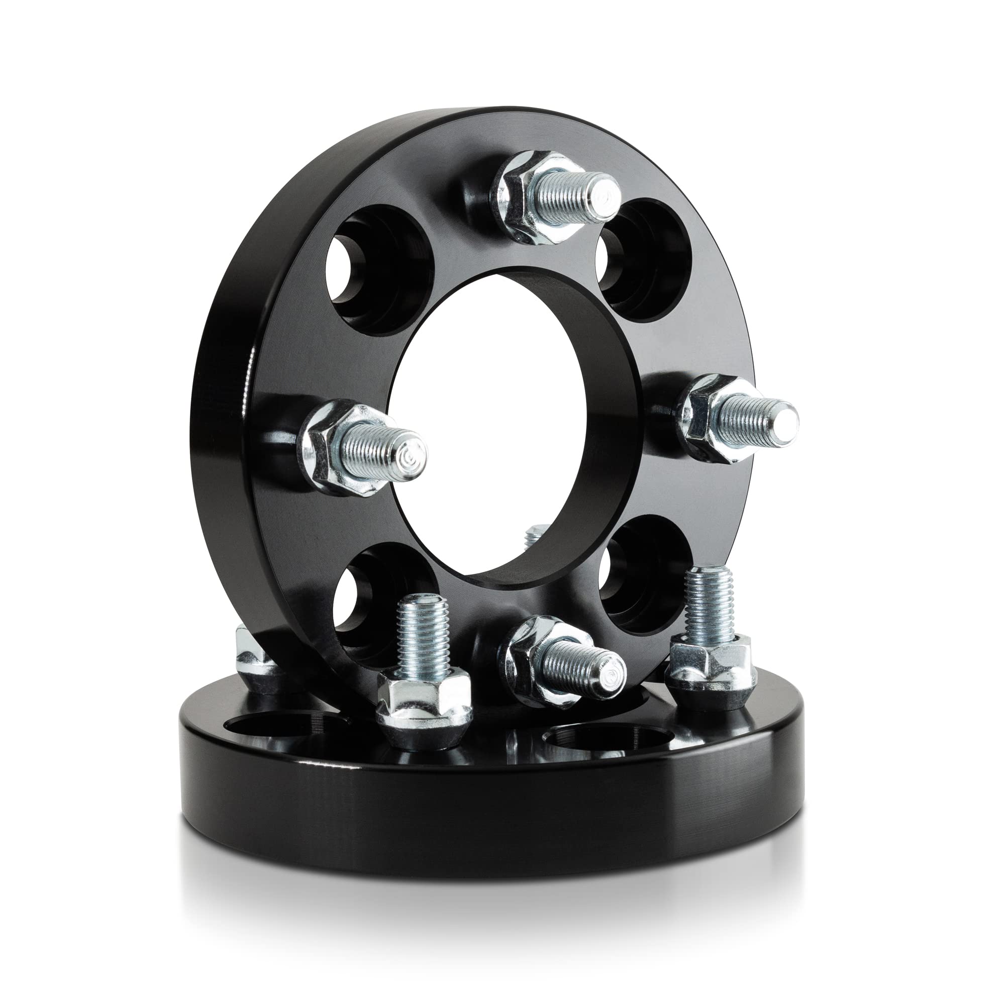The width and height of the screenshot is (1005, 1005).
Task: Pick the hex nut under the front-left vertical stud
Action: pyautogui.click(x=424, y=692)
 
